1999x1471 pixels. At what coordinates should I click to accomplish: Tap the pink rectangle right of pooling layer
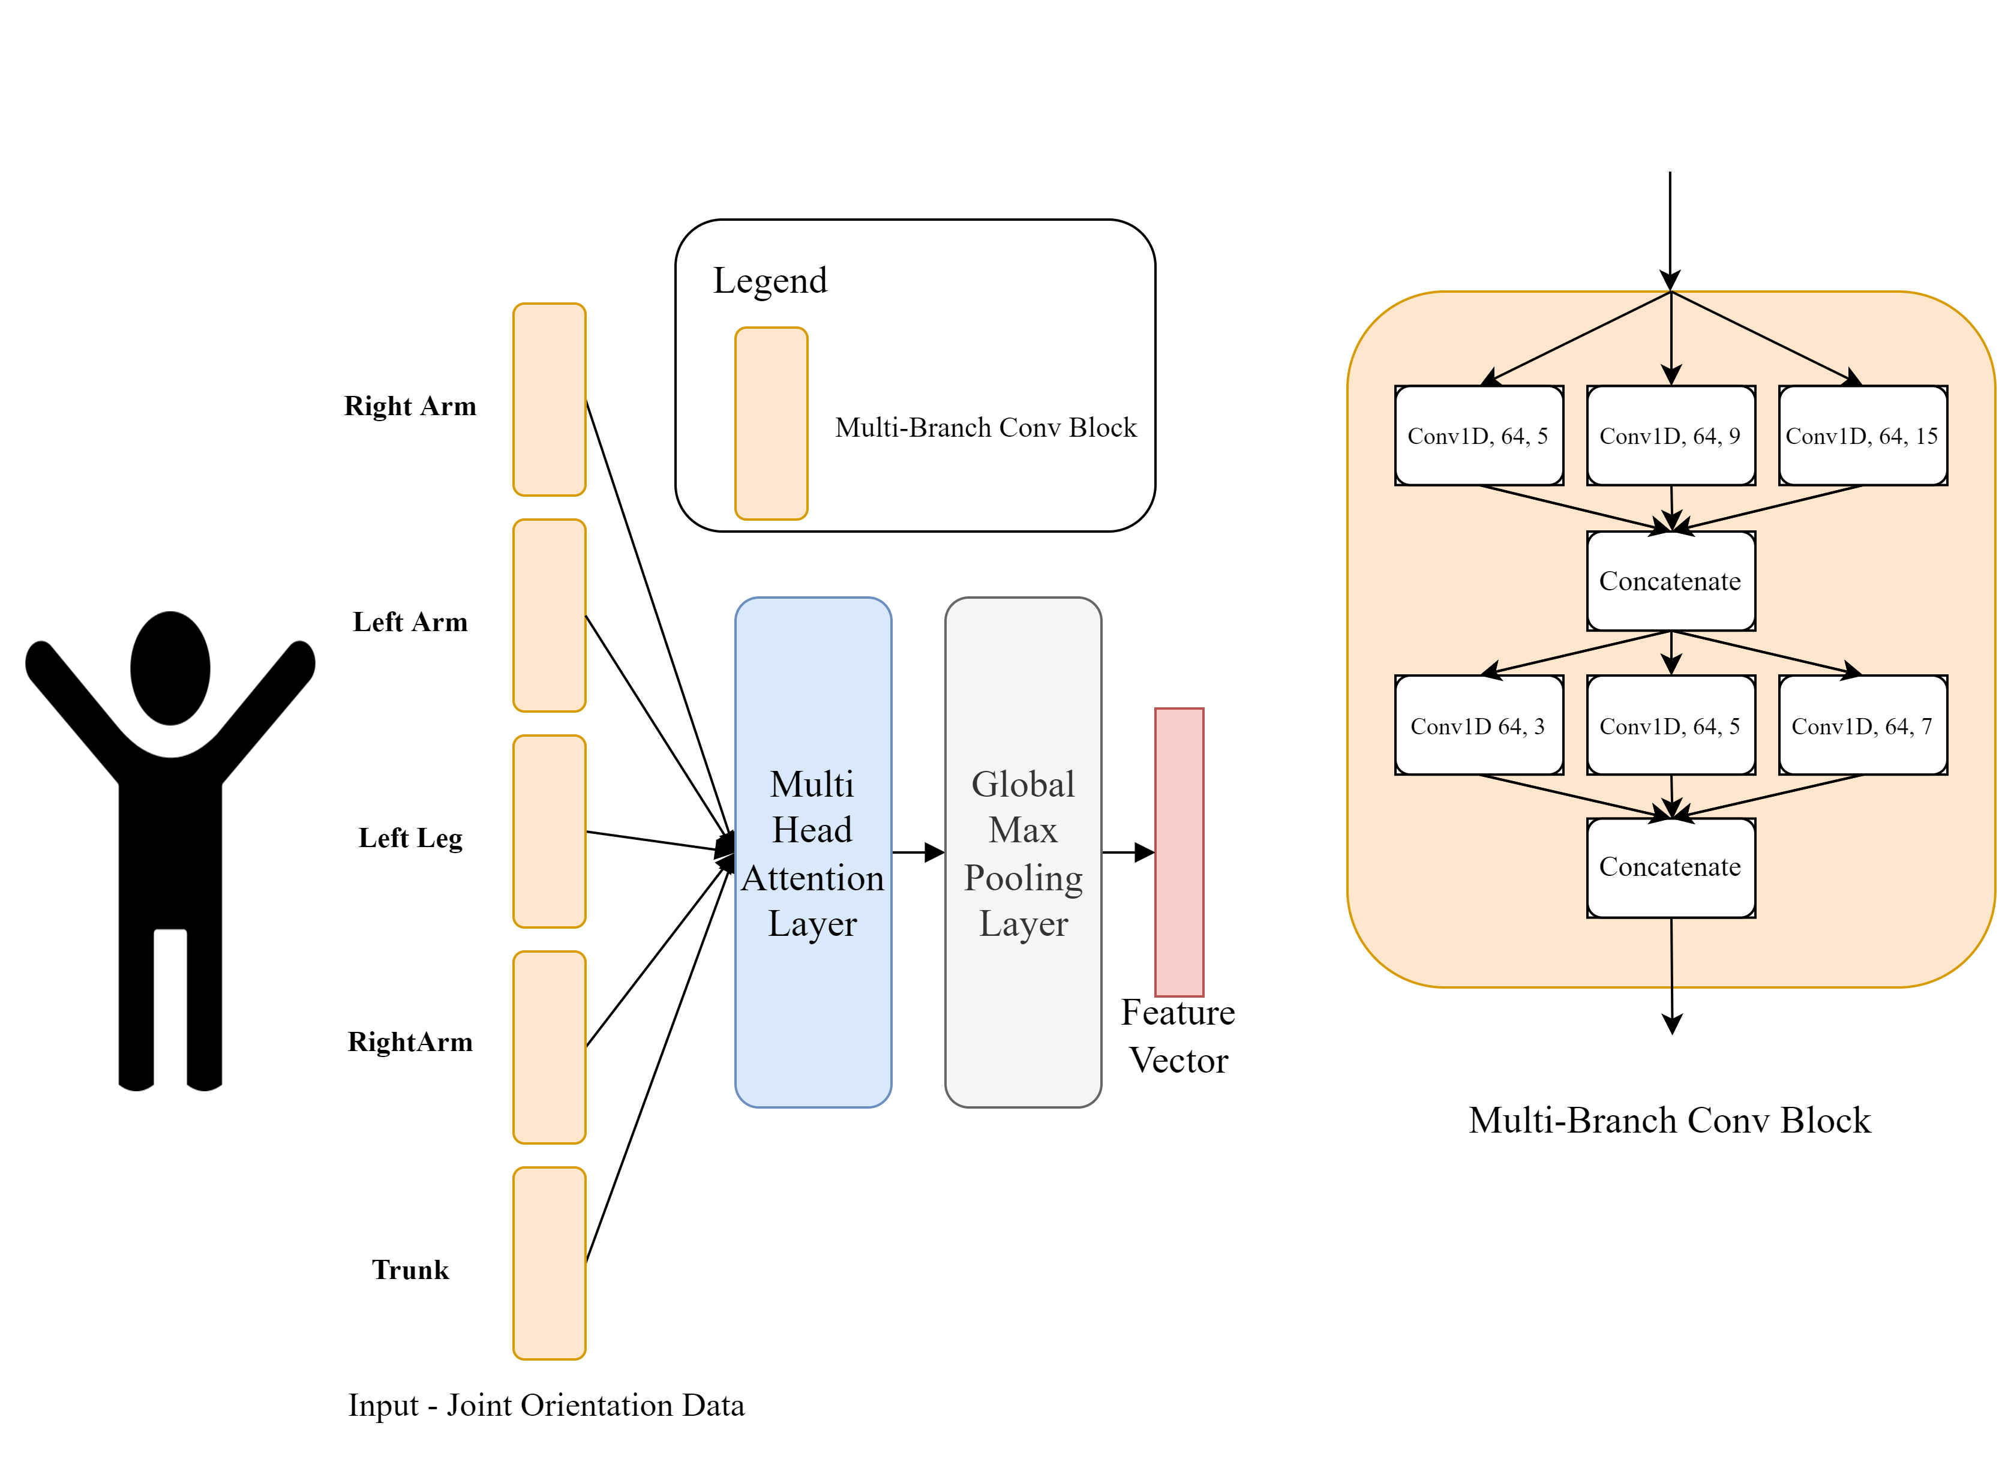(x=1179, y=852)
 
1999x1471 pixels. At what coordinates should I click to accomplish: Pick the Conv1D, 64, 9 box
(x=1670, y=436)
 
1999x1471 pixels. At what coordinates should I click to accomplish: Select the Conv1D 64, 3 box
(x=1478, y=726)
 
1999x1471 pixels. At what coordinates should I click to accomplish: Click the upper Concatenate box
(x=1670, y=581)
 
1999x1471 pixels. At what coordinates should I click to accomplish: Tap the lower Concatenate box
(x=1670, y=867)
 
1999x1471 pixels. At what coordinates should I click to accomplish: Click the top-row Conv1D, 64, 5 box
(x=1478, y=436)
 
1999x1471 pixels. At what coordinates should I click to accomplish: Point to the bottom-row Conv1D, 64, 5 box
(x=1670, y=726)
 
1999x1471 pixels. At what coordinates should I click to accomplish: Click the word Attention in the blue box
(x=813, y=878)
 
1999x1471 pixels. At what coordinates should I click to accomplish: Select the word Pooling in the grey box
(x=1023, y=878)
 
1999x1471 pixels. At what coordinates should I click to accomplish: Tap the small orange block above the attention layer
(x=771, y=423)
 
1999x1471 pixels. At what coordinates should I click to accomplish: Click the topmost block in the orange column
(x=550, y=399)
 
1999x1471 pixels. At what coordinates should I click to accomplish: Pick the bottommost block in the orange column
(x=550, y=1263)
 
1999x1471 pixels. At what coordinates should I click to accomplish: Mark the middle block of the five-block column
(x=550, y=831)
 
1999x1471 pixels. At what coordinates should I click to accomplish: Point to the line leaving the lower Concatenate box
(x=1671, y=953)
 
